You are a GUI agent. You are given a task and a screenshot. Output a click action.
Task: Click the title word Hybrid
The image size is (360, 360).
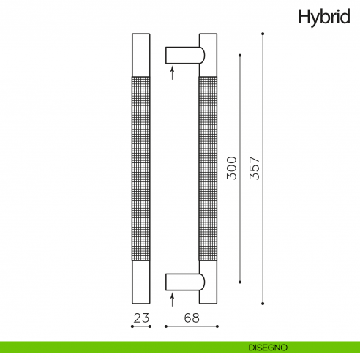click(324, 17)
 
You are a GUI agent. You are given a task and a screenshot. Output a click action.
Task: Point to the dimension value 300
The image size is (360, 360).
click(232, 168)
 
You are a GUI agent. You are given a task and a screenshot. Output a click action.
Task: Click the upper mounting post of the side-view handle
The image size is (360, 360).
click(184, 56)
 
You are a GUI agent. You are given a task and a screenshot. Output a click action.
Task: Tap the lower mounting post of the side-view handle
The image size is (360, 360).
click(184, 282)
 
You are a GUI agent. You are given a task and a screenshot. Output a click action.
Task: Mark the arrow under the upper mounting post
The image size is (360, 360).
click(172, 72)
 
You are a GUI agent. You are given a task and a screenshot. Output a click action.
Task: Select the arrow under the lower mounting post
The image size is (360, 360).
click(172, 298)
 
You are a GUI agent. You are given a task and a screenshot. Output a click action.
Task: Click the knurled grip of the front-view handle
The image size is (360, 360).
click(140, 168)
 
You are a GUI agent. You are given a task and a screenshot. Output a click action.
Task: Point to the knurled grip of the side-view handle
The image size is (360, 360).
click(208, 168)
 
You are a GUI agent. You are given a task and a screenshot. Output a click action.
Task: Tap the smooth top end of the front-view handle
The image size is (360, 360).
click(140, 53)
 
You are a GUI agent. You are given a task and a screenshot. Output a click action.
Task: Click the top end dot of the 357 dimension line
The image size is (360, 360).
click(263, 34)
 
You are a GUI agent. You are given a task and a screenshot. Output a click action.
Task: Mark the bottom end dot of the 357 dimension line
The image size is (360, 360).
click(263, 302)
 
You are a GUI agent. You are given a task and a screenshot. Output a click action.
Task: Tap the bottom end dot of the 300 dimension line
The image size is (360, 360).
click(241, 282)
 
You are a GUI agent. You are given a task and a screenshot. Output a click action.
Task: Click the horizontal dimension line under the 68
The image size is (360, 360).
click(191, 326)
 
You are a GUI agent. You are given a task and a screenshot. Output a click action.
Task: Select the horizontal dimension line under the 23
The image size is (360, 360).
click(140, 326)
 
